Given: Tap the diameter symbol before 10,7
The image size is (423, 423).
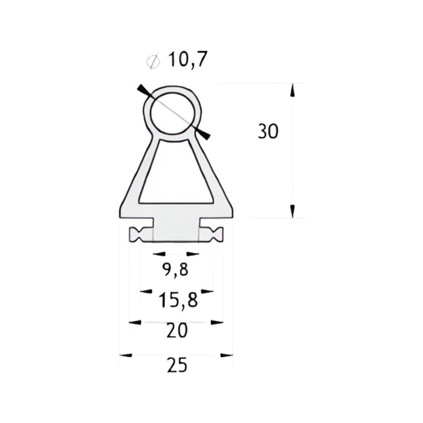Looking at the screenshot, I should [153, 61].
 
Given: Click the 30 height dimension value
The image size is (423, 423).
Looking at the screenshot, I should [268, 132].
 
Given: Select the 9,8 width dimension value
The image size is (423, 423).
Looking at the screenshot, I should [175, 270].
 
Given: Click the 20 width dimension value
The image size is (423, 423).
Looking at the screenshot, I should [176, 330].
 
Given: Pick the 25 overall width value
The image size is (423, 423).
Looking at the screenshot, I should [176, 364].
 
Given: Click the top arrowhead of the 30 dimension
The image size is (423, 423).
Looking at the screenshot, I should [292, 90].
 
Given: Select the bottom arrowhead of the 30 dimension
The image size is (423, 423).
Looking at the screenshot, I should [292, 211].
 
